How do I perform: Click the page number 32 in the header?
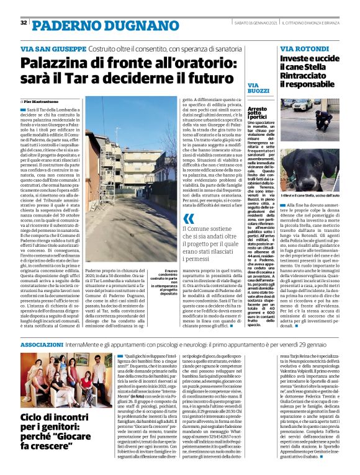[24, 23]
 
